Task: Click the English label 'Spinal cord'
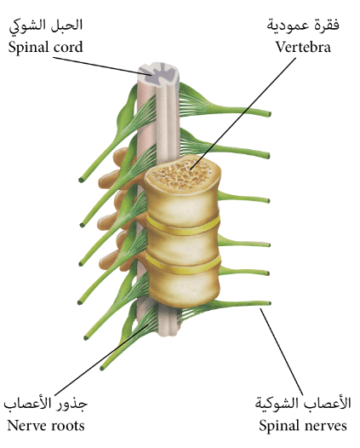click(x=45, y=47)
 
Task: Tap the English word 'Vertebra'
click(x=303, y=47)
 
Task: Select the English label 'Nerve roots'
click(x=46, y=425)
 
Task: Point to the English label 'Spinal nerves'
click(x=303, y=425)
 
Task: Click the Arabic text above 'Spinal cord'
click(x=46, y=26)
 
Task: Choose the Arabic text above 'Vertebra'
click(x=303, y=26)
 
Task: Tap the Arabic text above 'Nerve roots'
click(x=45, y=404)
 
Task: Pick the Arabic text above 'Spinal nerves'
click(x=303, y=403)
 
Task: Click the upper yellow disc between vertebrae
click(x=183, y=225)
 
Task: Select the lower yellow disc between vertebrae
click(x=183, y=265)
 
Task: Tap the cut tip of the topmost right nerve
click(x=269, y=114)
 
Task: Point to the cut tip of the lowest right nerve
click(x=269, y=303)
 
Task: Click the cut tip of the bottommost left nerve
click(x=102, y=368)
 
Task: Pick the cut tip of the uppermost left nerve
click(x=81, y=180)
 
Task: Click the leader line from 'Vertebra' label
click(x=243, y=113)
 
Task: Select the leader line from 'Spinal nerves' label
click(x=282, y=352)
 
